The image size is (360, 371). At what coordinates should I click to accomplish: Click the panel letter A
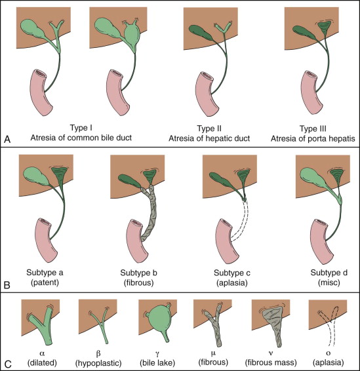7,139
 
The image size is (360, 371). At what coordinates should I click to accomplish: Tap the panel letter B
7,285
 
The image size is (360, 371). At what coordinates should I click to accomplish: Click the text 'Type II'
209,128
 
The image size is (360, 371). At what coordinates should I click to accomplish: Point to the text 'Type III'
313,128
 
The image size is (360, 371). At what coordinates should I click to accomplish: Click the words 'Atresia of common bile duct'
81,138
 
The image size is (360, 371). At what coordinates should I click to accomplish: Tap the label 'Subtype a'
45,273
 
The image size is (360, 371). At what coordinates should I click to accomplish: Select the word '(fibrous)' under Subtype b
139,283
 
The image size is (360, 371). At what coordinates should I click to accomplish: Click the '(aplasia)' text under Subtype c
232,283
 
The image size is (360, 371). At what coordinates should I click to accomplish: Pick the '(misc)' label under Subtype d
329,283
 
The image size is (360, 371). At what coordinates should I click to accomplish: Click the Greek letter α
42,353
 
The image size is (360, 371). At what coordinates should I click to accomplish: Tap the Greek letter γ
157,354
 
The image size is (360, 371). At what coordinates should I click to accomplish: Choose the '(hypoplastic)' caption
98,362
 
